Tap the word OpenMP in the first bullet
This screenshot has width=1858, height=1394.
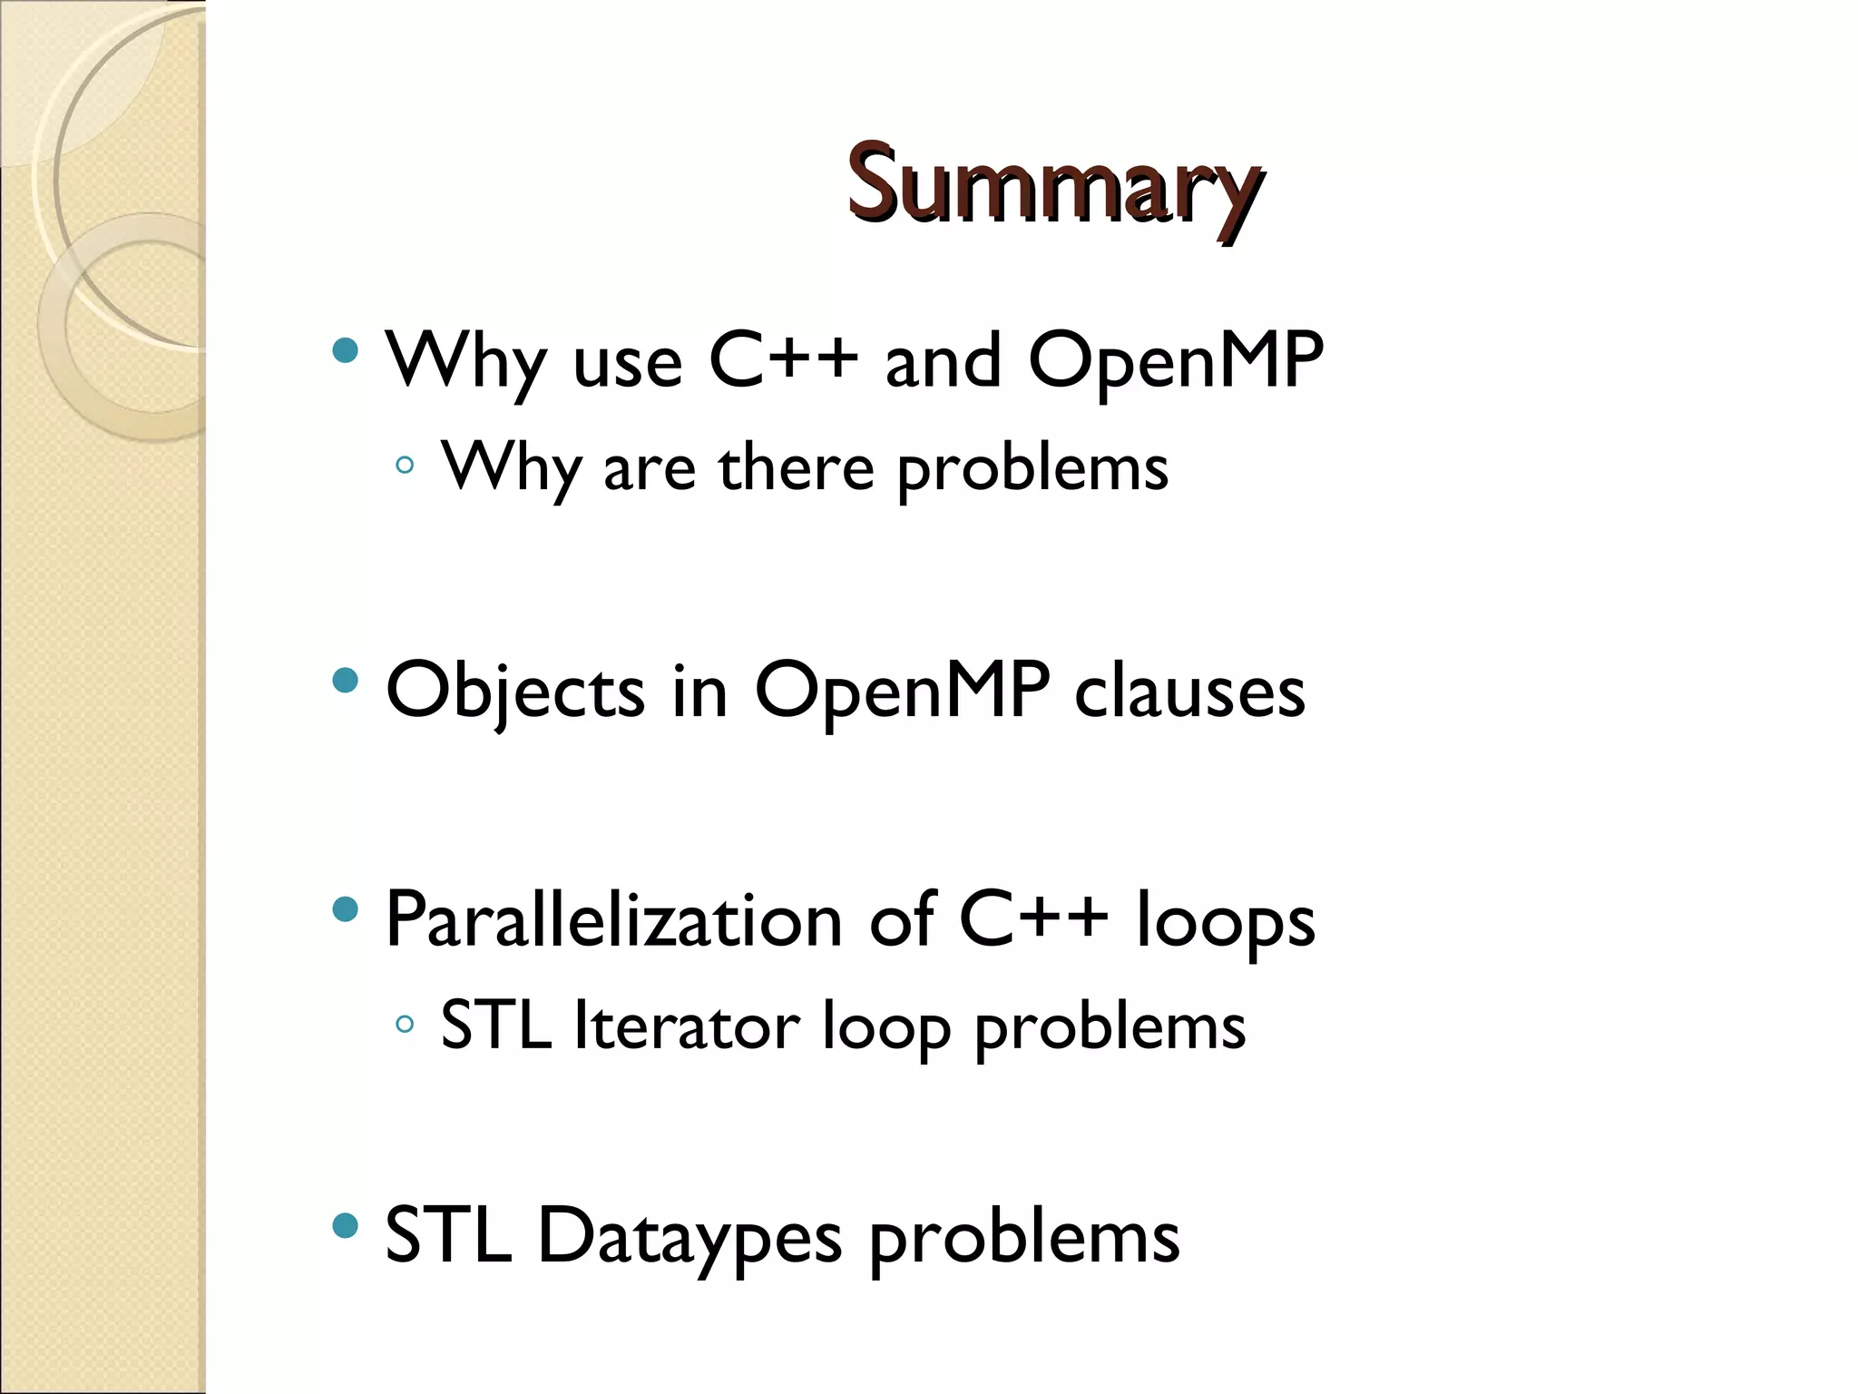(x=1176, y=360)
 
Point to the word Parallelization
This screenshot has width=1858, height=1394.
(x=613, y=919)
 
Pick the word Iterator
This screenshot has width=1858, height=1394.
(x=687, y=1026)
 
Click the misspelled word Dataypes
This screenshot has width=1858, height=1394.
(x=689, y=1236)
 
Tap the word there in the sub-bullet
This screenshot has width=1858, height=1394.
(x=797, y=468)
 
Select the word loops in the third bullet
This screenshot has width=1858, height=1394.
(x=1225, y=919)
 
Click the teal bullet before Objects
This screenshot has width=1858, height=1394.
(x=346, y=680)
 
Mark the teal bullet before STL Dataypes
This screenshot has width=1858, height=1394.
(x=346, y=1226)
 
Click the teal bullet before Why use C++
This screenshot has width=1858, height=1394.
(x=346, y=350)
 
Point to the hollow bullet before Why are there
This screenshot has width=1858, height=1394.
(x=406, y=466)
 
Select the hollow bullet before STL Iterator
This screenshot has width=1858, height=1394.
(x=406, y=1025)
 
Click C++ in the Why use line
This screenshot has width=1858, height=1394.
(x=783, y=360)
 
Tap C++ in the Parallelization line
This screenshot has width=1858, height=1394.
(x=1033, y=919)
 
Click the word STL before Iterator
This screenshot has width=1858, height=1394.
(x=495, y=1026)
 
